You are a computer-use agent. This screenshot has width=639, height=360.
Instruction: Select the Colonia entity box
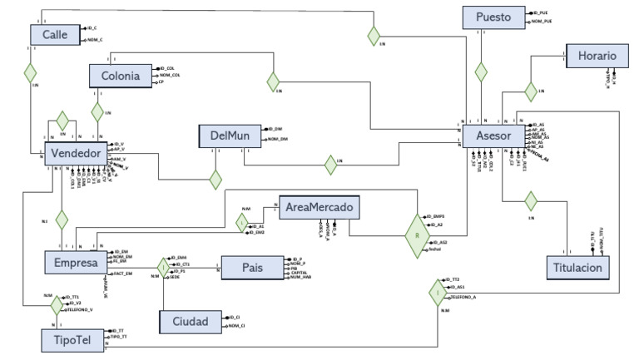tap(121, 76)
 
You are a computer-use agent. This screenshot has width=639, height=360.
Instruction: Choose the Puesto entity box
tap(494, 17)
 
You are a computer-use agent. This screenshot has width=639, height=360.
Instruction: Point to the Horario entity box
tap(592, 56)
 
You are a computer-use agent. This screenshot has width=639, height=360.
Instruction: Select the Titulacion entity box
tap(580, 268)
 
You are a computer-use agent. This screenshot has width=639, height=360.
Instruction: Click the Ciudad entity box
tap(191, 321)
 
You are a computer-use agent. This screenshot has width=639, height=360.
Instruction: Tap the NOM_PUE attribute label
tap(544, 22)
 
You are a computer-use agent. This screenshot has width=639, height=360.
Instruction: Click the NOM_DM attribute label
tap(277, 140)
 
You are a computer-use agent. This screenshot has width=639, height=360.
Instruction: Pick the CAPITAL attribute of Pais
tap(300, 271)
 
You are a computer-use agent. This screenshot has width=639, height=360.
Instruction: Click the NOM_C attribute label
tap(97, 40)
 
